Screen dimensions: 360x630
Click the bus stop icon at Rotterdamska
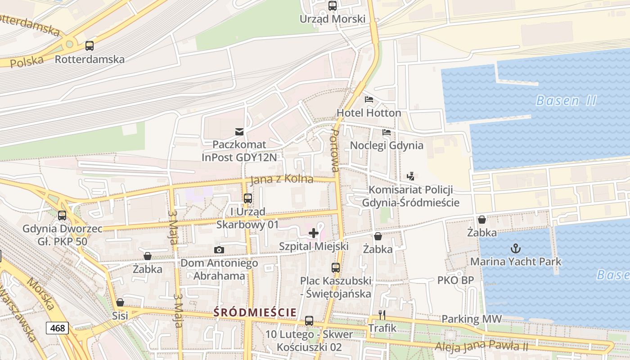(90, 45)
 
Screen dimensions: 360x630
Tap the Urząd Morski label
(333, 19)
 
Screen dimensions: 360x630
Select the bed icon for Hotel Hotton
(369, 99)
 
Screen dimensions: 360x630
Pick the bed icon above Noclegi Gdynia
(387, 132)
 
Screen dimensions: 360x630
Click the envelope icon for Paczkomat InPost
(239, 131)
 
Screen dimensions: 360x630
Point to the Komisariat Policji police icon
(410, 176)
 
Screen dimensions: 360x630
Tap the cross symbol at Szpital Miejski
(314, 233)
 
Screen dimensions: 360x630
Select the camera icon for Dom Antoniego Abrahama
(219, 250)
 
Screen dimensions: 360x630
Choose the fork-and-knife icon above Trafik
(382, 315)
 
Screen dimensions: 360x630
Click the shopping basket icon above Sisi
(120, 302)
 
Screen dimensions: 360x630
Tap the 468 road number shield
(57, 328)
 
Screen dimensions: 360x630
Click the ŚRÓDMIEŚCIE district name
(255, 312)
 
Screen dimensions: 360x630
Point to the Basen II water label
(566, 100)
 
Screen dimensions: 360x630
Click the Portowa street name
(334, 151)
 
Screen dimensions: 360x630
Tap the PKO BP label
(455, 280)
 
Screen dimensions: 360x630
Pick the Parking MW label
(471, 319)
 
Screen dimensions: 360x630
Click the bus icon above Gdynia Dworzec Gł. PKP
(62, 216)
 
